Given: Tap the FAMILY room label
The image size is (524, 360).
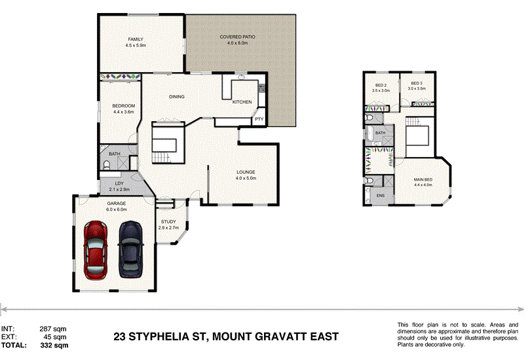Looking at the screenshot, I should tap(136, 39).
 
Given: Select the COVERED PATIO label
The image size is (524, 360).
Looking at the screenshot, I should tap(237, 37).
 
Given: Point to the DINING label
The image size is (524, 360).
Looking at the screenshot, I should tap(176, 97).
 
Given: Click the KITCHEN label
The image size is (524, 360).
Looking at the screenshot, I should tap(242, 102).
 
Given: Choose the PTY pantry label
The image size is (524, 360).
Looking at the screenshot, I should tap(259, 119).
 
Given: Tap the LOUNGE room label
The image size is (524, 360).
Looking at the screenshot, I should tap(246, 172).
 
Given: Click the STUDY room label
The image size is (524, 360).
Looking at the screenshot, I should tap(168, 222).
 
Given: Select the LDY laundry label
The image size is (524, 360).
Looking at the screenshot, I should tap(119, 183).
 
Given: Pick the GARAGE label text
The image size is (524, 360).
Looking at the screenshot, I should tap(117, 204).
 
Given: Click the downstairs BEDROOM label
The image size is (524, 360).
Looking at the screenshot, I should tap(123, 106).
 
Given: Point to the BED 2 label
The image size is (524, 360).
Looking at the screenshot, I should tap(381, 85).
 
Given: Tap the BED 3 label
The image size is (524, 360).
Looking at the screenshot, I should tap(417, 83).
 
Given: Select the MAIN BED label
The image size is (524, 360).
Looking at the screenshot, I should tap(422, 179).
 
